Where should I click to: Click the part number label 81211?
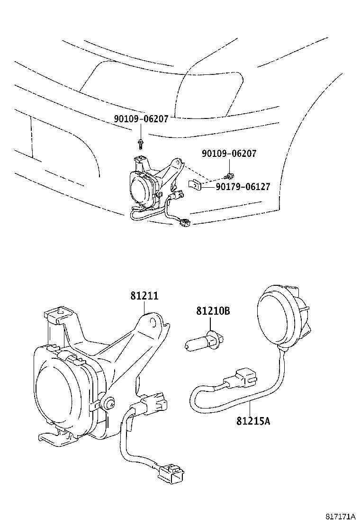pyautogui.click(x=144, y=296)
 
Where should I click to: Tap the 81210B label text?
pyautogui.click(x=213, y=311)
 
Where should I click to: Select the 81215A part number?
pyautogui.click(x=253, y=420)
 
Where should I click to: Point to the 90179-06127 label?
pyautogui.click(x=243, y=187)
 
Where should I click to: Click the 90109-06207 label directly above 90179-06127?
pyautogui.click(x=229, y=154)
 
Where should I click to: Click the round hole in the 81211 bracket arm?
pyautogui.click(x=153, y=323)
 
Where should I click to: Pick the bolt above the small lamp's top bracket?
pyautogui.click(x=141, y=142)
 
